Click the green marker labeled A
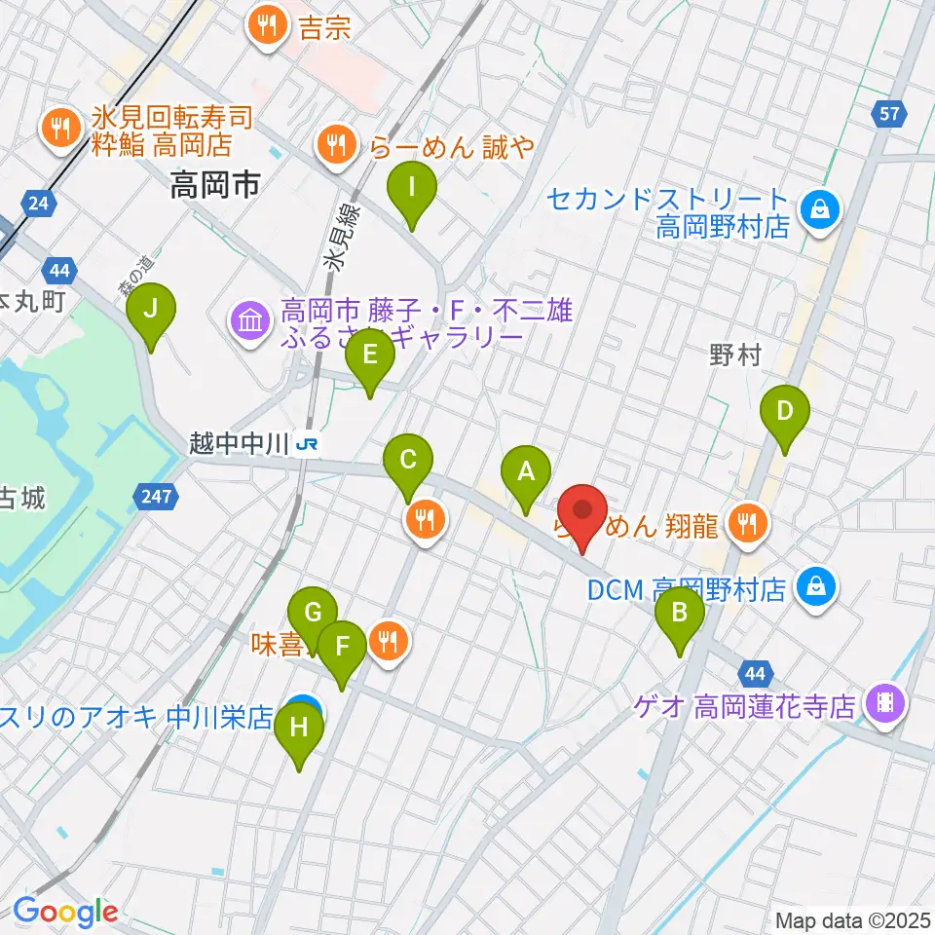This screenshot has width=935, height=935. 526,474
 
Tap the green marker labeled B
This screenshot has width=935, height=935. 680,616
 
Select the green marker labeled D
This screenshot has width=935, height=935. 785,413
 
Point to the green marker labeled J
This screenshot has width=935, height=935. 151,312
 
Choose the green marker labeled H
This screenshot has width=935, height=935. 299,729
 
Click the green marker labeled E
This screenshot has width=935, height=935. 369,357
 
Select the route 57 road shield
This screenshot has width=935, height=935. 888,115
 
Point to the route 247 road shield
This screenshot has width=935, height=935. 156,498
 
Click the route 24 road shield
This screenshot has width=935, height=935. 37,204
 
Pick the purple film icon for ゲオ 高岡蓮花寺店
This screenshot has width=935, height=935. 885,703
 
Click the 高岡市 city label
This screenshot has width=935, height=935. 214,184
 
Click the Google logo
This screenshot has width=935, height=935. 66,913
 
